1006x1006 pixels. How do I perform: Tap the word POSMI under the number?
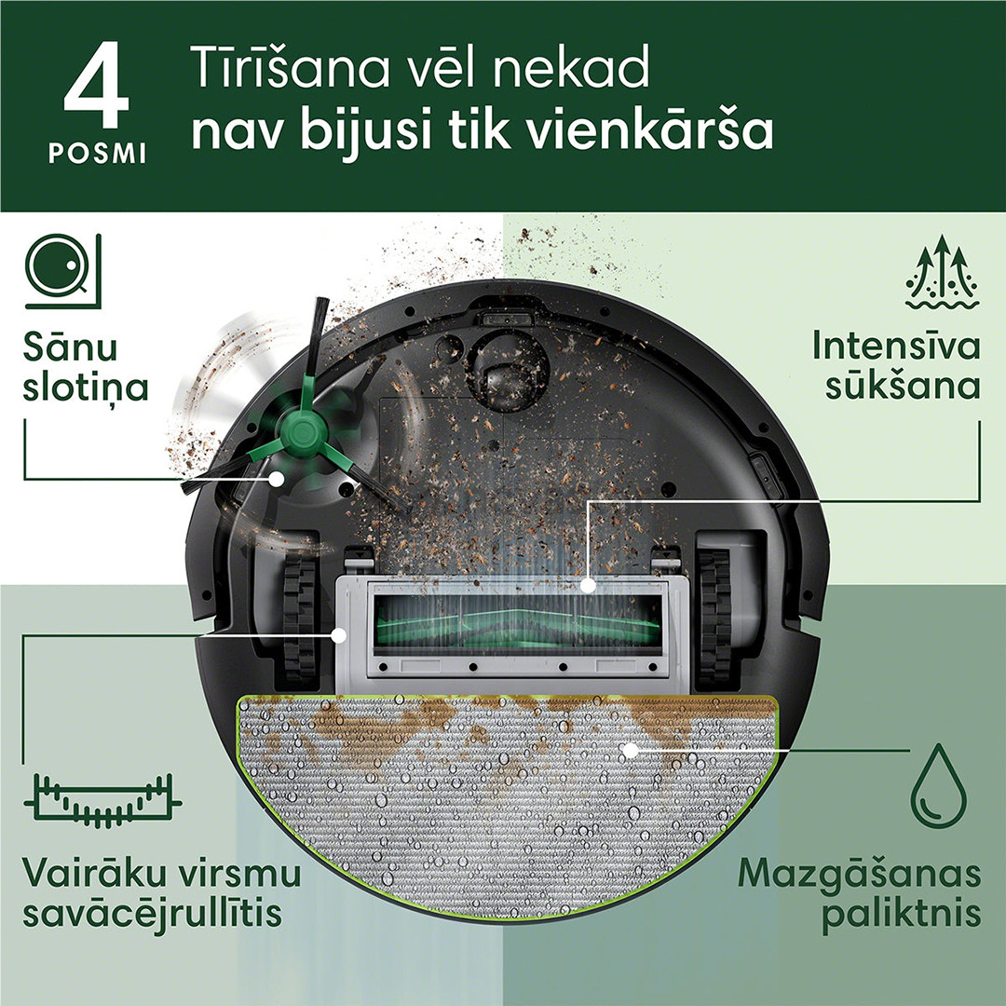point(97,156)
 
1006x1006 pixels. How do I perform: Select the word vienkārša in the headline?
point(650,132)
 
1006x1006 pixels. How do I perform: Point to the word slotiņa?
point(86,387)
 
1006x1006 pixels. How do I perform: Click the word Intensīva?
point(895,347)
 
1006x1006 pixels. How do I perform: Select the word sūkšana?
point(902,385)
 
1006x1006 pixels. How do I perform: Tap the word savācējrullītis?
point(152,913)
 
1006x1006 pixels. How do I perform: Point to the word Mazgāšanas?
point(859,876)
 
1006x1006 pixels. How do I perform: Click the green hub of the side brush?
point(300,430)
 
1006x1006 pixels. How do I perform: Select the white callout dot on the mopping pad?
point(630,748)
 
